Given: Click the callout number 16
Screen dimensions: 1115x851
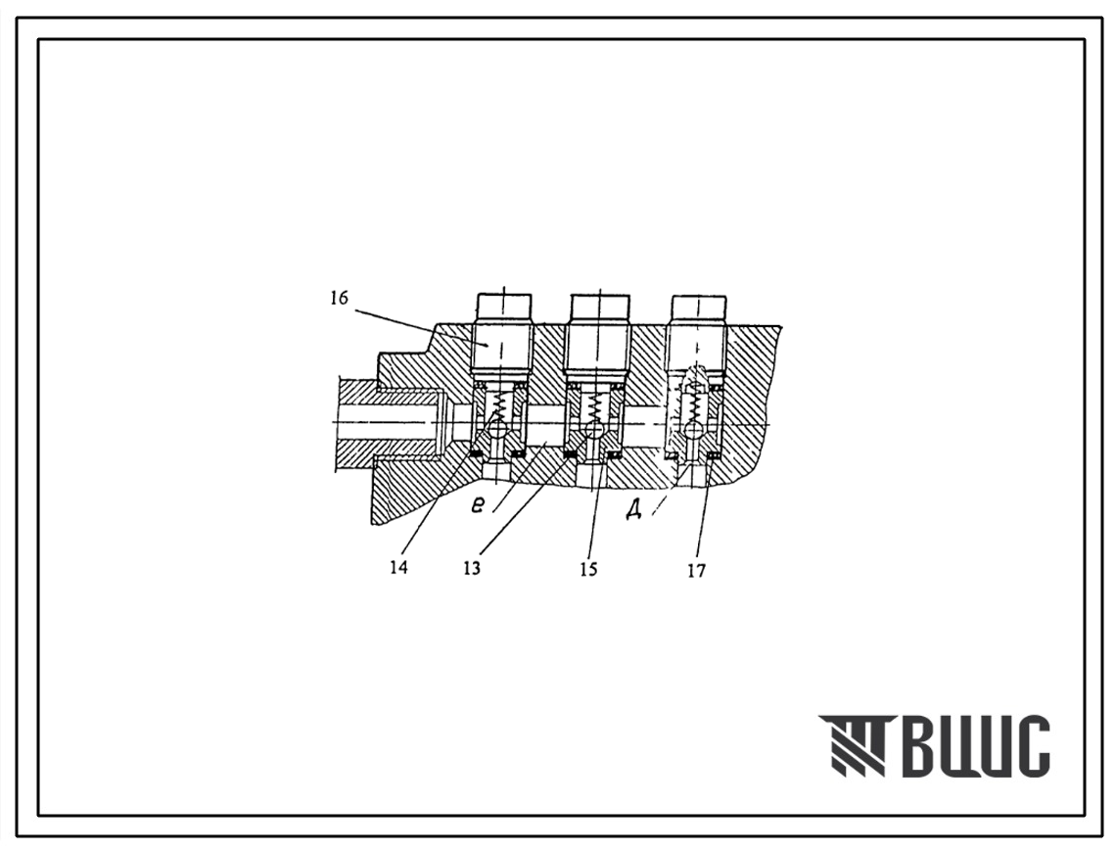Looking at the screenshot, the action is click(x=339, y=298).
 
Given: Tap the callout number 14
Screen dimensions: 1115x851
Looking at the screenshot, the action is click(x=399, y=568).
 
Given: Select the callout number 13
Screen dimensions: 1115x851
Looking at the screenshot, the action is click(x=472, y=568).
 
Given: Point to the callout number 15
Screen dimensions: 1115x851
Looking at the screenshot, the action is click(x=588, y=569).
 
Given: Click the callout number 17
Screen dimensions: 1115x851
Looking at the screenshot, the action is click(x=696, y=570).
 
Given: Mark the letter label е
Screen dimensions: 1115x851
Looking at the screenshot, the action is click(x=479, y=504).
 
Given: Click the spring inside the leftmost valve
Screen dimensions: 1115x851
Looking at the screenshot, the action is click(x=501, y=407).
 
